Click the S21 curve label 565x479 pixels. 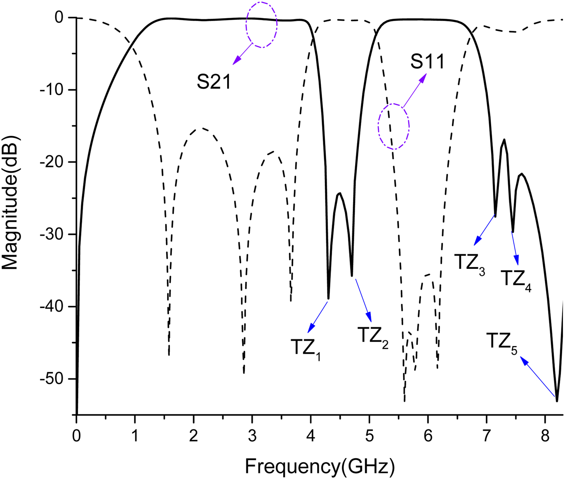click(x=214, y=82)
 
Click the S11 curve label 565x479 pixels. click(x=427, y=62)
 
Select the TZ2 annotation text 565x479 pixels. click(x=372, y=336)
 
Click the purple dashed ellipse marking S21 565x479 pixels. click(x=262, y=25)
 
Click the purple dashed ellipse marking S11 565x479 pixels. click(x=394, y=127)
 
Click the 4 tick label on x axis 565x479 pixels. click(x=310, y=436)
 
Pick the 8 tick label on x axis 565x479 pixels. click(x=545, y=436)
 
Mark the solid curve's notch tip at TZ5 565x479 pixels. click(x=557, y=401)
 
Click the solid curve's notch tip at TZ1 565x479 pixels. click(x=329, y=298)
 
